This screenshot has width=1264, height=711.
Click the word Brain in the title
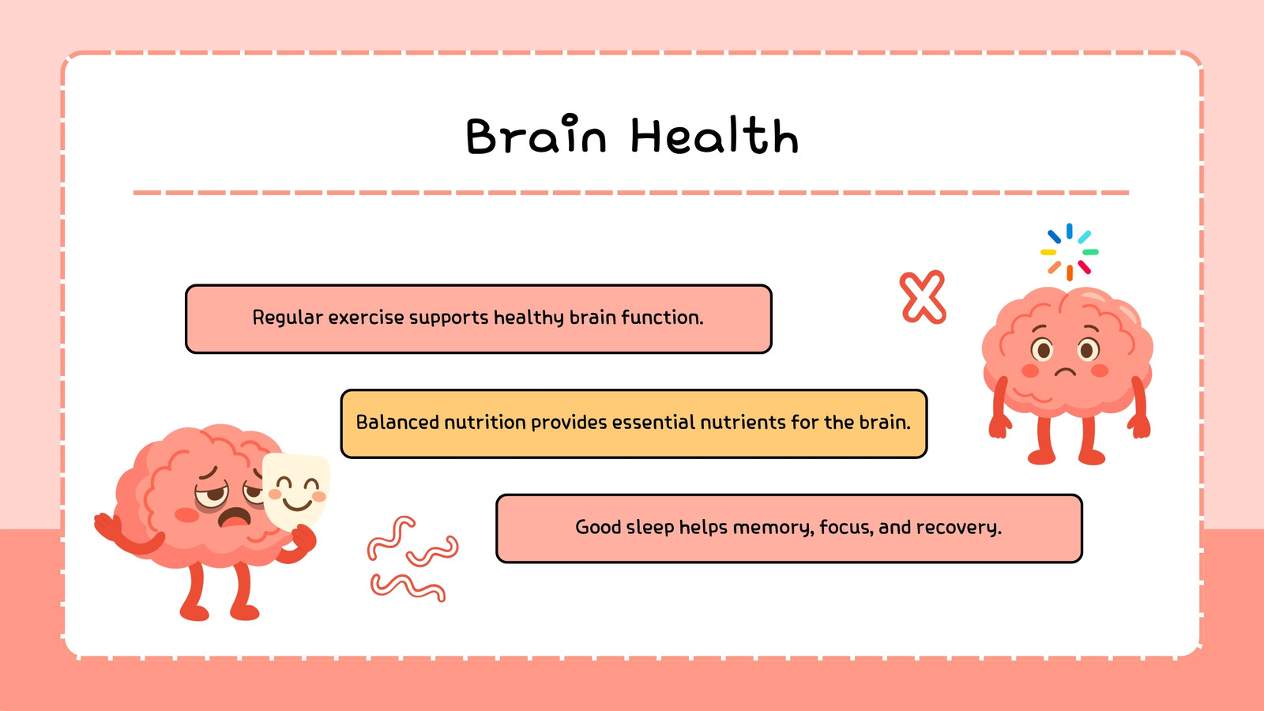click(x=536, y=135)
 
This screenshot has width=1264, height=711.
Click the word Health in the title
click(x=714, y=135)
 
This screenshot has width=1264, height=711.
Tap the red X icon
click(x=923, y=297)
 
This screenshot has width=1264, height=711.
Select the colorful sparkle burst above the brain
click(x=1070, y=252)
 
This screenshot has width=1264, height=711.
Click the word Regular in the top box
click(x=288, y=318)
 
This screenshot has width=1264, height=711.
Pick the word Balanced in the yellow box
click(x=397, y=422)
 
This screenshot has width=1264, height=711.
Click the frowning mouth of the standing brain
click(x=1065, y=371)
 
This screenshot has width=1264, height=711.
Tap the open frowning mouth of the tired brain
click(x=235, y=517)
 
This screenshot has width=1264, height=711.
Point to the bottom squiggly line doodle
click(x=408, y=587)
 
